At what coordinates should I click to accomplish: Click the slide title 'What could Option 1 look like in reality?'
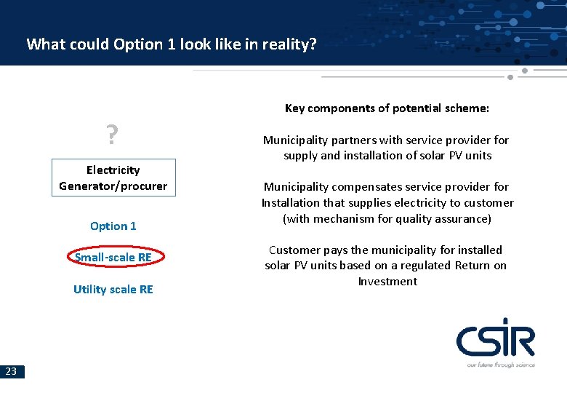(172, 44)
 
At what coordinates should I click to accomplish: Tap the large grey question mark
(112, 135)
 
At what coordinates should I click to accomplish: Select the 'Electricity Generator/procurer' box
(113, 178)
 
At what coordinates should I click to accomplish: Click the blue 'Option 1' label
(113, 226)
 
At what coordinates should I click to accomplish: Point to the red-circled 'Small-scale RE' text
(113, 257)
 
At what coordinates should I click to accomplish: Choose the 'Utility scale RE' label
(113, 289)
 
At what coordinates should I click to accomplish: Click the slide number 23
(12, 371)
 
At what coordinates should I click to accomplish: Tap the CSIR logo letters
(495, 341)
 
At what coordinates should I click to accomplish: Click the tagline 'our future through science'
(501, 365)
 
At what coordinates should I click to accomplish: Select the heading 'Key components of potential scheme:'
(387, 108)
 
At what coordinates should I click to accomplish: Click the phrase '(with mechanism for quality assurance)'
(387, 218)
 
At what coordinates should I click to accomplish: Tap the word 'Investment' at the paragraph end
(387, 281)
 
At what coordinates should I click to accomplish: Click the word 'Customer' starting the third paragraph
(292, 250)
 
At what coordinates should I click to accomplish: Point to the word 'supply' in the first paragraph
(300, 155)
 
